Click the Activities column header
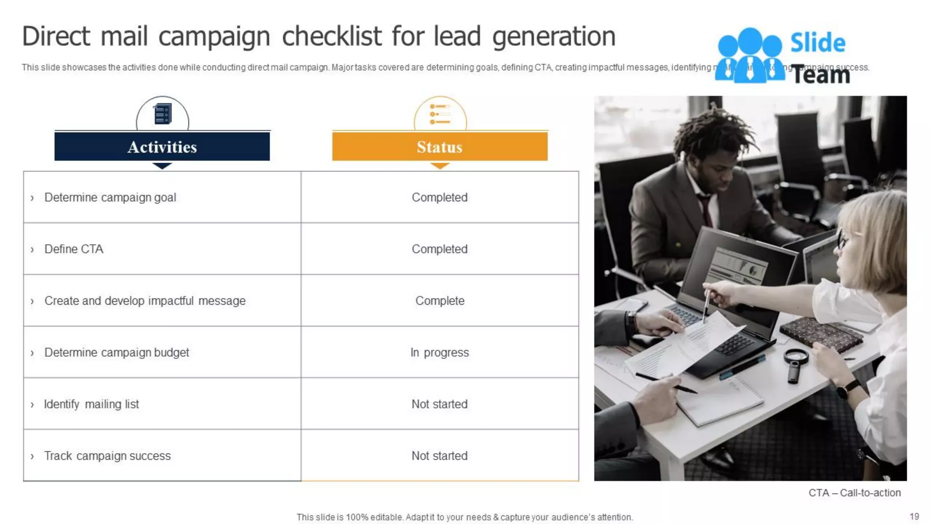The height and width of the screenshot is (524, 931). [162, 146]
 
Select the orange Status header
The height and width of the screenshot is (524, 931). [440, 146]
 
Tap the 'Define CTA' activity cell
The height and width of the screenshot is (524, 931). [74, 249]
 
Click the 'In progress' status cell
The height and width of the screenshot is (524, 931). [440, 353]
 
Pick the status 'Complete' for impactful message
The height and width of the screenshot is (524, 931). [440, 301]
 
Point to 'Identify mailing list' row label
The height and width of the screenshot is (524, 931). [91, 404]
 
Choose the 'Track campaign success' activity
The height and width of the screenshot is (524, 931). [107, 456]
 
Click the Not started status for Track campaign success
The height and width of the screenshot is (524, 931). [440, 456]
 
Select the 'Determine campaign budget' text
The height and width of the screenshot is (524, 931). [116, 353]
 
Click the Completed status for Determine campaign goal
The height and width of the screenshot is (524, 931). [440, 197]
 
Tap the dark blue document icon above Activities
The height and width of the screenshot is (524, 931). [162, 114]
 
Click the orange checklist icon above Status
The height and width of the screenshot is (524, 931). [440, 114]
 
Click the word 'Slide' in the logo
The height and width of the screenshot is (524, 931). [818, 43]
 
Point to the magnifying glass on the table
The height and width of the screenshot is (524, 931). [796, 359]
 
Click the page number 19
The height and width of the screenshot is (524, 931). [914, 516]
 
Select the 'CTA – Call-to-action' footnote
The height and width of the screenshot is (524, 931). [854, 493]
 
